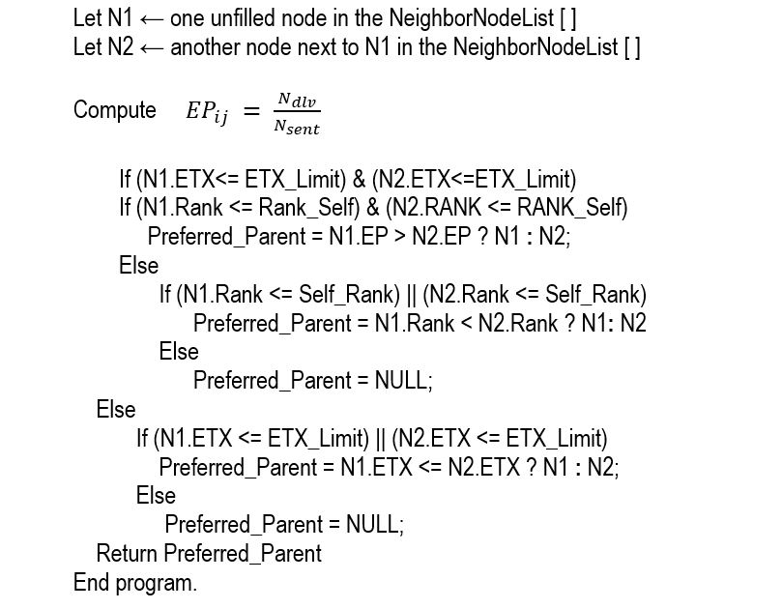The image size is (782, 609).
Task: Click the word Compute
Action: point(114,110)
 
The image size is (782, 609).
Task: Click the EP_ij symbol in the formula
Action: point(207,113)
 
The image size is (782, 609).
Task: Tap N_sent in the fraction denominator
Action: point(298,129)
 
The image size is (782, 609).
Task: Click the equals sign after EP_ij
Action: point(250,112)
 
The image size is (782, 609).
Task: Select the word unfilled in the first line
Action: point(251,18)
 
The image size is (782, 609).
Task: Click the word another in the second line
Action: point(203,47)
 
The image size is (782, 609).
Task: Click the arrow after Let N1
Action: point(152,19)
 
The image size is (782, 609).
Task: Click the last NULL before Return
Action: point(373,525)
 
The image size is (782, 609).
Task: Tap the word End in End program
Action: point(91,583)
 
